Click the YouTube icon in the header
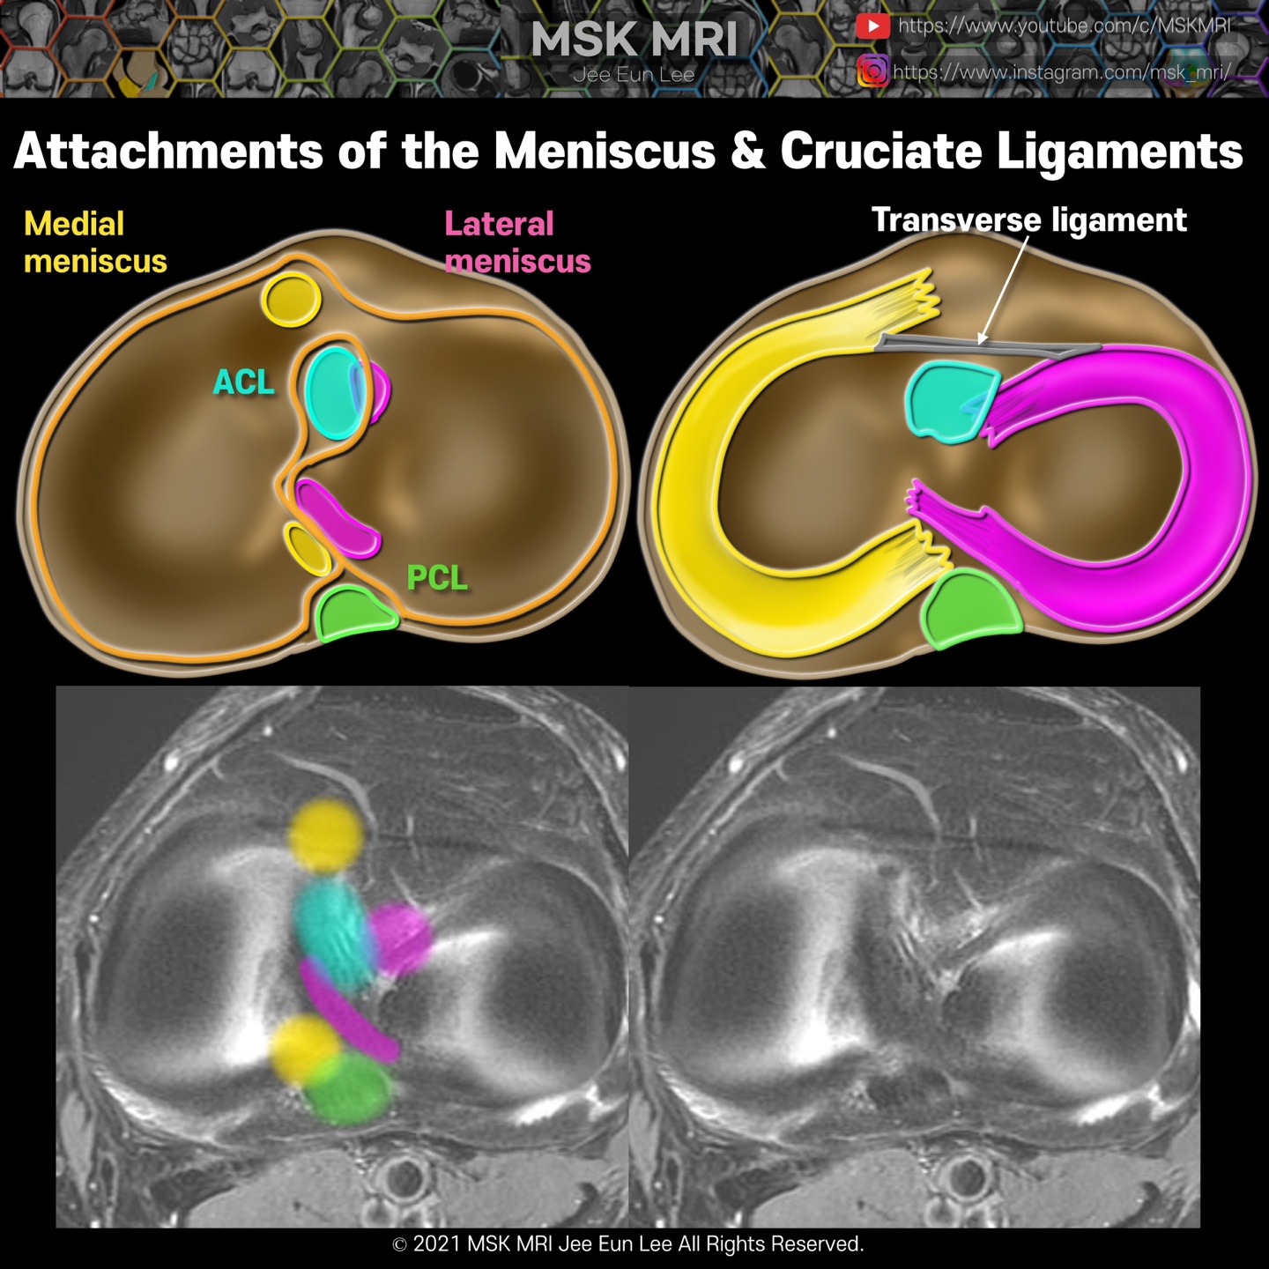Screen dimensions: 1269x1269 point(872,26)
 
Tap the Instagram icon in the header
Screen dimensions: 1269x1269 point(872,70)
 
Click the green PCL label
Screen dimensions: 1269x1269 point(436,578)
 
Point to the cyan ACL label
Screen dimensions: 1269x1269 point(244,382)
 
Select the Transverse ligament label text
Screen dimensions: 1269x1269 point(1028,220)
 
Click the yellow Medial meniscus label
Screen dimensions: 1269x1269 point(94,242)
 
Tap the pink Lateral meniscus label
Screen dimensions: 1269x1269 point(516,242)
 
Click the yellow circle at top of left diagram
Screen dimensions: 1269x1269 point(291,300)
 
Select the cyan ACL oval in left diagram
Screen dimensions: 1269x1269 point(332,393)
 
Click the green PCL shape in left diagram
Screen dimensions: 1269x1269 point(354,613)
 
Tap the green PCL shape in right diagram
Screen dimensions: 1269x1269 point(970,608)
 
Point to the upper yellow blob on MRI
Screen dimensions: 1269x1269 point(326,835)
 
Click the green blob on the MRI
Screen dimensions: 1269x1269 point(350,1089)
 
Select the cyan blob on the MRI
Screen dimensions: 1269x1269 point(333,934)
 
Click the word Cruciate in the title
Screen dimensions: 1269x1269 point(880,152)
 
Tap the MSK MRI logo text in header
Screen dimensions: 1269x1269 point(634,41)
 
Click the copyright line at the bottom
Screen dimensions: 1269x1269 point(627,1243)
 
